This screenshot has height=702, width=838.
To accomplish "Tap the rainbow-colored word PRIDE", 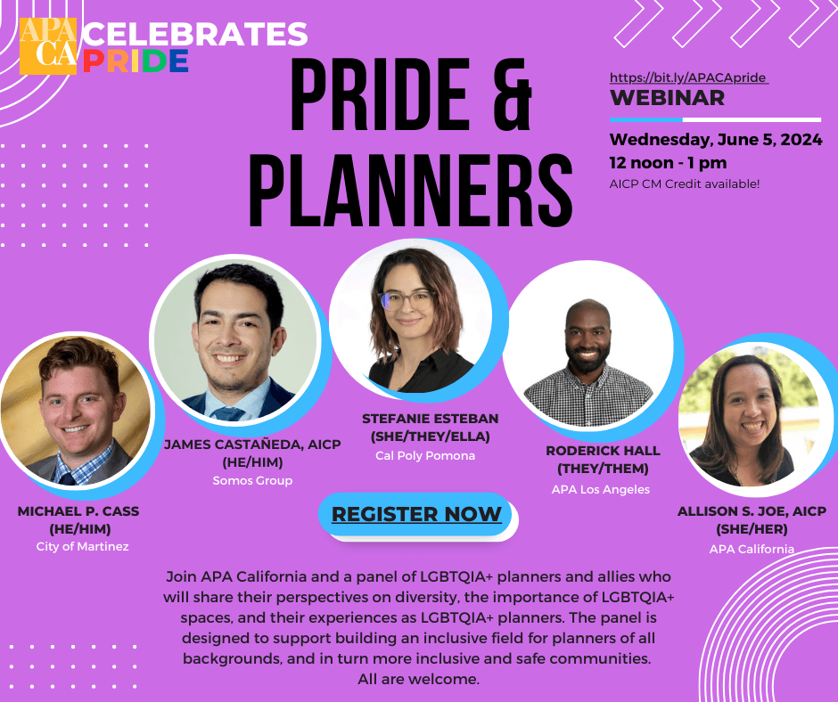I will [134, 61].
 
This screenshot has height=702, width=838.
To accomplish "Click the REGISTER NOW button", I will [416, 514].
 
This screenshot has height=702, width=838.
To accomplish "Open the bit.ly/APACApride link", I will [688, 78].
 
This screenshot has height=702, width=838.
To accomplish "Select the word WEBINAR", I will [667, 98].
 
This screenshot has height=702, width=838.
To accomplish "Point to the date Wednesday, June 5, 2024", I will [715, 140].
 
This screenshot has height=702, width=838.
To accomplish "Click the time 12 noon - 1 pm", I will [668, 162].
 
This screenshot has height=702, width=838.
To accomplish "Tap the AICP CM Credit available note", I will [685, 184].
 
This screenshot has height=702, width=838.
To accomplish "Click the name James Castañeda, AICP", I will [252, 445].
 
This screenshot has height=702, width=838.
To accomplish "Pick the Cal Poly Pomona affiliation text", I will [424, 455].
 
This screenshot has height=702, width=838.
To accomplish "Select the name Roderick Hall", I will [603, 451].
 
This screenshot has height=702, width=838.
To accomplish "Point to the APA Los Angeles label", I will [601, 489].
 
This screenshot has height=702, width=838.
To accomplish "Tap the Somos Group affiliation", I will [252, 480].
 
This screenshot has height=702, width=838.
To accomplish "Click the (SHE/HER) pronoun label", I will [752, 529].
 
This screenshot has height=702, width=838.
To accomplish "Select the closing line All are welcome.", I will [418, 679].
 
